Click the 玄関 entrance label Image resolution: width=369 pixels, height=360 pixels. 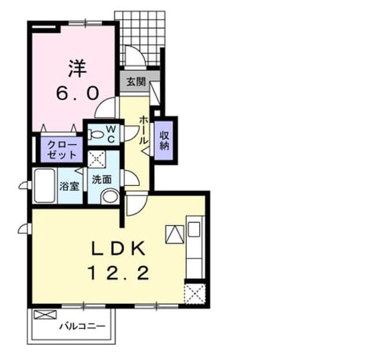point(136,82)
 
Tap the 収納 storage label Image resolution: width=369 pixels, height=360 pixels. point(164,141)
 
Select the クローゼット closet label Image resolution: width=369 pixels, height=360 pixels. point(62,150)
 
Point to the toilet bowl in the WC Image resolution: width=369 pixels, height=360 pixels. point(96,135)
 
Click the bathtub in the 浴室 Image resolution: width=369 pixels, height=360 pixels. point(45,186)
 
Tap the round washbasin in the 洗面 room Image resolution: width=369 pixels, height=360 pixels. point(110,196)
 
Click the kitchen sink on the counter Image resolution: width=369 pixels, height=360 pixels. point(194,229)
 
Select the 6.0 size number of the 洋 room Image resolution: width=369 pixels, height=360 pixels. point(77,93)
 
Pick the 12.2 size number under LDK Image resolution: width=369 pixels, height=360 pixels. point(118,273)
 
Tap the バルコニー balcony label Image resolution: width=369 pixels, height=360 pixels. point(82,326)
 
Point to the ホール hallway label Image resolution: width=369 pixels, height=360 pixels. point(144,130)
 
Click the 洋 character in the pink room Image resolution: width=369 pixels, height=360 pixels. point(77,68)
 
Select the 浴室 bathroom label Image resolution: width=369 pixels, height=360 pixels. point(69,187)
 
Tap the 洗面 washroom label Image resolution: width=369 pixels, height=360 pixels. point(101,179)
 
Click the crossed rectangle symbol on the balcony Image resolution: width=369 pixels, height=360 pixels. point(45,314)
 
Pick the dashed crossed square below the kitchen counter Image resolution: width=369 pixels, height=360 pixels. point(195,294)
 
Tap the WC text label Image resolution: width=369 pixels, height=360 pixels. point(111,134)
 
